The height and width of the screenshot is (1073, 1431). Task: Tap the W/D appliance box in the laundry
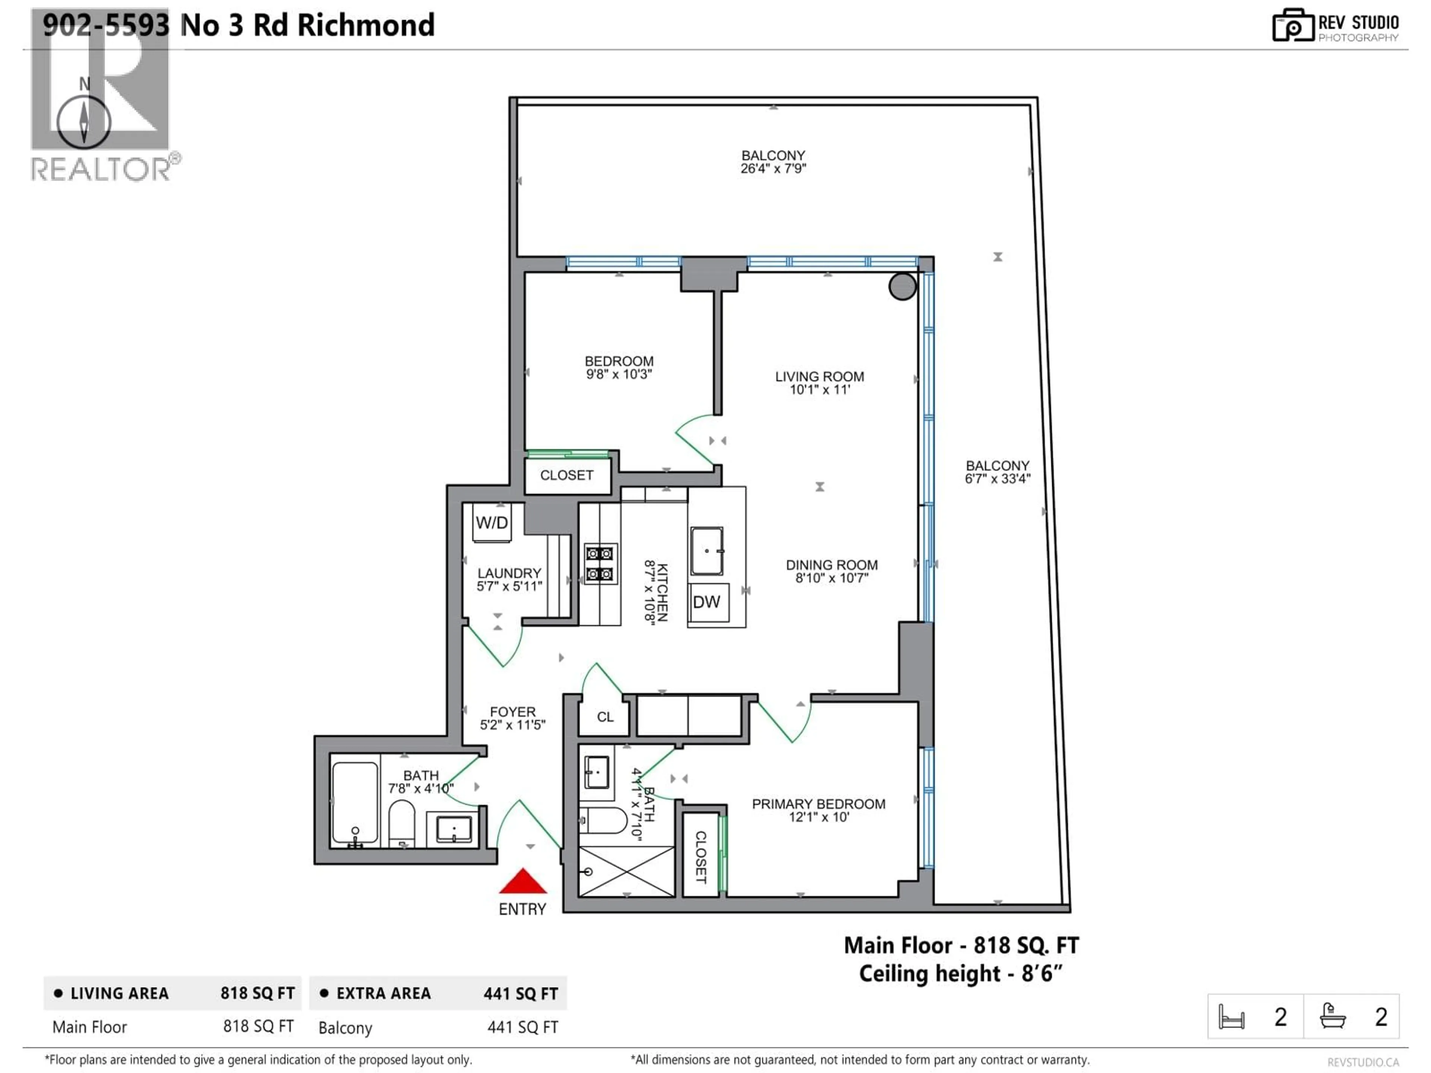pyautogui.click(x=492, y=523)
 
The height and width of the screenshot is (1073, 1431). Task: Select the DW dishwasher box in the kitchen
pyautogui.click(x=707, y=602)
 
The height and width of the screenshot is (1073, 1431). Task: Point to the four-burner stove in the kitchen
pyautogui.click(x=600, y=563)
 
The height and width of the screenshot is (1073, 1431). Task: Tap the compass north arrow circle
pyautogui.click(x=84, y=121)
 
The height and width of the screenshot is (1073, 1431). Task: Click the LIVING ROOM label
pyautogui.click(x=819, y=376)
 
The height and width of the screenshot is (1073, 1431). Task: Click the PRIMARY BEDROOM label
pyautogui.click(x=818, y=804)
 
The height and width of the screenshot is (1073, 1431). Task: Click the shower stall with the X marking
pyautogui.click(x=626, y=871)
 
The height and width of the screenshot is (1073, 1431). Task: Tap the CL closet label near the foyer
pyautogui.click(x=605, y=716)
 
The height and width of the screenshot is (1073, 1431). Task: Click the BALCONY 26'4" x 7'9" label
pyautogui.click(x=773, y=162)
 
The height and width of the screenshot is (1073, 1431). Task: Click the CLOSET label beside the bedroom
pyautogui.click(x=567, y=475)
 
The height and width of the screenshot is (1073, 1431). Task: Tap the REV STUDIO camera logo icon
pyautogui.click(x=1292, y=26)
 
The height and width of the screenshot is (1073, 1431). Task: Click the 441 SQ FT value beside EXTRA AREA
pyautogui.click(x=520, y=993)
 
